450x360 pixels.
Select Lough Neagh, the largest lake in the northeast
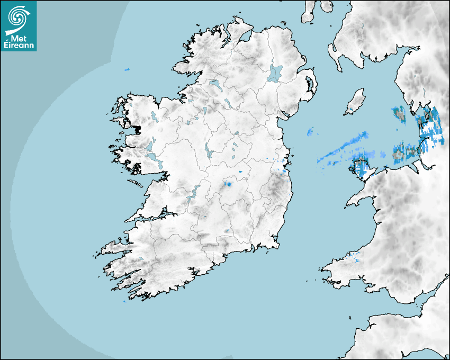click(275, 73)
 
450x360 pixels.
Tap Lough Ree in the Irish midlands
click(209, 151)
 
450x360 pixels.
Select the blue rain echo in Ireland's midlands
click(229, 184)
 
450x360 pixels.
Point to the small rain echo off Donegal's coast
click(127, 70)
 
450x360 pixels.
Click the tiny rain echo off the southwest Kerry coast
click(124, 301)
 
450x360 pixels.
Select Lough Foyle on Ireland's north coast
click(245, 38)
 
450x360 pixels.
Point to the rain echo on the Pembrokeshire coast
click(352, 259)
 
